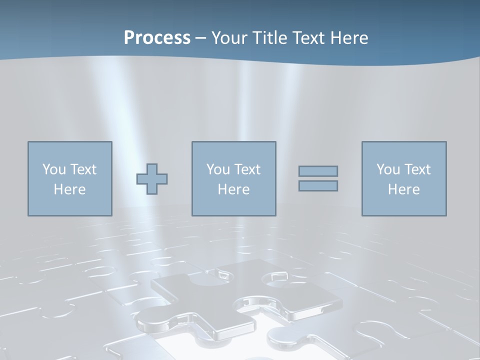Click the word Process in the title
coord(157,38)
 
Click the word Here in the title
coord(350,38)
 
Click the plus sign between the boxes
coord(152,179)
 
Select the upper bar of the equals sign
coord(318,171)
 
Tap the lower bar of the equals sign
coord(318,186)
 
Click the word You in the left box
coord(53,169)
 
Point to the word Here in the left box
coord(69,189)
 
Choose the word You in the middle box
coord(217,169)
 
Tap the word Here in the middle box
coord(233,189)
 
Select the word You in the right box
coord(387,169)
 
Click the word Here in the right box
coord(403,189)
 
